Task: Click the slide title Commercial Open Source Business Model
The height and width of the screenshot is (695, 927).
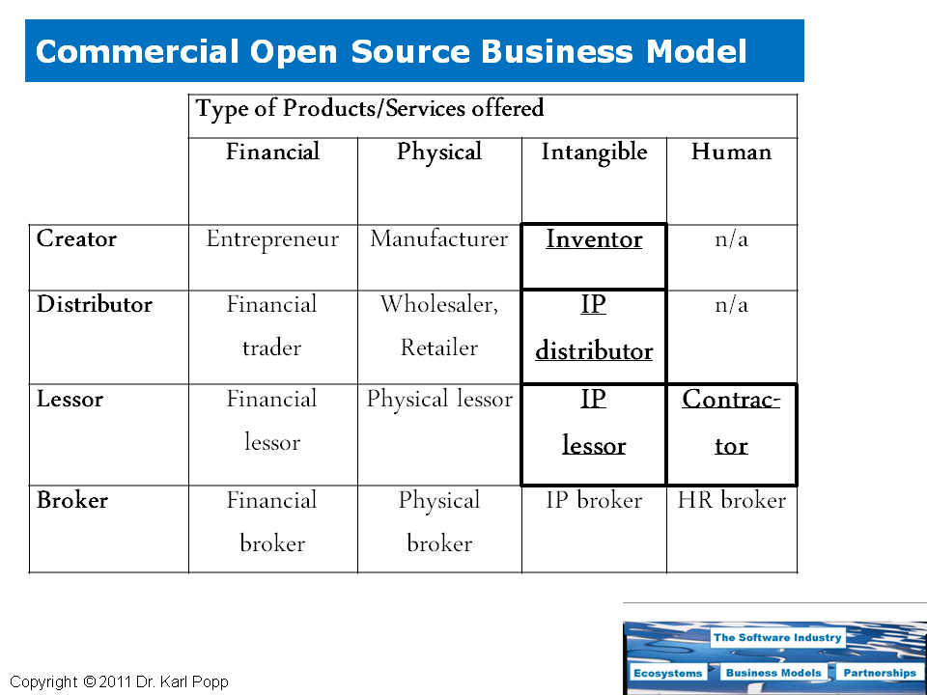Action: (391, 51)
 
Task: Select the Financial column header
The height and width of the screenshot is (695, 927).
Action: (272, 153)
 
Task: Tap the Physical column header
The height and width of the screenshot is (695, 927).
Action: (439, 153)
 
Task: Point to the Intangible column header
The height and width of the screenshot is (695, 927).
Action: (594, 153)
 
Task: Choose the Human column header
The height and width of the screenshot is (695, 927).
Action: (731, 153)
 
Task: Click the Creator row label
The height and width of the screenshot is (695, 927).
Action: (76, 238)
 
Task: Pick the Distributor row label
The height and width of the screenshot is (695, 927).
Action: (95, 305)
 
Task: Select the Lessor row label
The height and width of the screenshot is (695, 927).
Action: (70, 400)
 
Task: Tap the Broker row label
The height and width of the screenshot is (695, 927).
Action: (72, 500)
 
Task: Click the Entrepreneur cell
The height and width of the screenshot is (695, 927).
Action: (272, 239)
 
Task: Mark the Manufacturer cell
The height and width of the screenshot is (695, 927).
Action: (439, 239)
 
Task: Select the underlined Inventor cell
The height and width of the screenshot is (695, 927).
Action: (594, 239)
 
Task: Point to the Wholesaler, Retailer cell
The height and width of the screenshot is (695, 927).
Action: (439, 326)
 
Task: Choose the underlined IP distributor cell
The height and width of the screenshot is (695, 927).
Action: (594, 328)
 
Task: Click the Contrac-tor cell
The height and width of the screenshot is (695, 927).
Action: (731, 423)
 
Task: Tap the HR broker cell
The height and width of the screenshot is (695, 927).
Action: (731, 500)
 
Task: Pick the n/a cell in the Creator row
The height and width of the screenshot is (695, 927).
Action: (731, 239)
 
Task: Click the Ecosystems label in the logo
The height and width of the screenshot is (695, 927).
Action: (668, 673)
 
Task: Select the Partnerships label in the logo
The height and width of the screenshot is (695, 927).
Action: (879, 673)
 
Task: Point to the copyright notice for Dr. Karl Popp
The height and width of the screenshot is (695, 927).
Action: (120, 682)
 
